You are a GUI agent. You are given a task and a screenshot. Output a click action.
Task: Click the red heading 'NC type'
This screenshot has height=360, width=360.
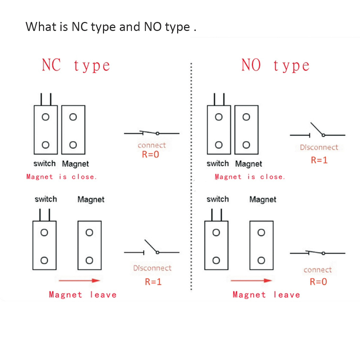(x=76, y=66)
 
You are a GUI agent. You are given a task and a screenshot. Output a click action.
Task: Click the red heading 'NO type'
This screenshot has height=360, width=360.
(x=275, y=66)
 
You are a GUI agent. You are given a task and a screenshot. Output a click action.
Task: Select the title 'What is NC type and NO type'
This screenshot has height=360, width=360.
(x=111, y=27)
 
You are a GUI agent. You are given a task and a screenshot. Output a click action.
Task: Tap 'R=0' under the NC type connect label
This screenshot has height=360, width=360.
(x=150, y=154)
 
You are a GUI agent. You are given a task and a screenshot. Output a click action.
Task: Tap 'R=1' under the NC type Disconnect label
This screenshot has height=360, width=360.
(x=153, y=282)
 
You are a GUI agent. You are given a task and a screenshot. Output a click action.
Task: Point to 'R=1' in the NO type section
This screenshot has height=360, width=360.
(x=319, y=160)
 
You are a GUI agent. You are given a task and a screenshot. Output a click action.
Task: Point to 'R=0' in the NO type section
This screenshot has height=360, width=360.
(x=318, y=282)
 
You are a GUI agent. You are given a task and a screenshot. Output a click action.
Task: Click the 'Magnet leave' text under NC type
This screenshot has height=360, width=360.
(x=83, y=295)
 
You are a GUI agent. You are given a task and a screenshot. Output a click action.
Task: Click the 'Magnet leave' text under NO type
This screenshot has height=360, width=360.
(x=266, y=295)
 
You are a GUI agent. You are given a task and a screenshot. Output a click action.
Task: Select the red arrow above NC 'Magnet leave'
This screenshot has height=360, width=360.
(x=79, y=280)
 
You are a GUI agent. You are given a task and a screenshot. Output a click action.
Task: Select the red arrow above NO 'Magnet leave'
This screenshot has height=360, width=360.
(x=251, y=280)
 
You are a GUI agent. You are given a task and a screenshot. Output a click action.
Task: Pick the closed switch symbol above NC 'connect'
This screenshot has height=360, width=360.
(x=152, y=133)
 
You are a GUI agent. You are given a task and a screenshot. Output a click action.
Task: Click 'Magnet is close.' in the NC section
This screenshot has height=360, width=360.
(x=62, y=177)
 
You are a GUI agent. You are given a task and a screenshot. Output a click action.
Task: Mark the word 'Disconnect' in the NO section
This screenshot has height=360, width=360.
(x=319, y=147)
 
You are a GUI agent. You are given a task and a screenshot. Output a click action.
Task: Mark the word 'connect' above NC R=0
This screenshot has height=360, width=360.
(x=152, y=145)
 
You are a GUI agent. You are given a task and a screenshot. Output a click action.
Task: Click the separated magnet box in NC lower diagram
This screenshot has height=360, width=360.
(x=90, y=245)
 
